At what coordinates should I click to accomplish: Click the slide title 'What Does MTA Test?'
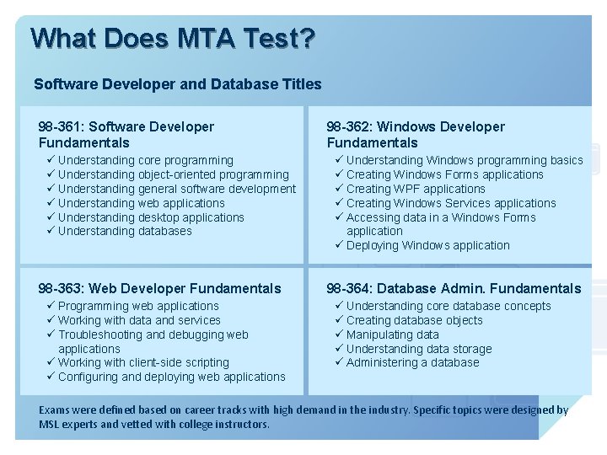[x=173, y=39]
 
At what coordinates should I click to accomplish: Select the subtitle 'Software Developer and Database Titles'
[x=178, y=84]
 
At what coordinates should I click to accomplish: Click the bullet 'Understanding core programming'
[x=145, y=160]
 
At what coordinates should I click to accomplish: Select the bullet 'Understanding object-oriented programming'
[x=173, y=174]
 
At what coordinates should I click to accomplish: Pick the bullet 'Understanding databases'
[x=125, y=231]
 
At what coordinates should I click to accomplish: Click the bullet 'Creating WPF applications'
[x=416, y=189]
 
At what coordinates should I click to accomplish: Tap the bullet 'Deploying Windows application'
[x=427, y=245]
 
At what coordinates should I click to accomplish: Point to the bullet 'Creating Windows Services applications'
[x=451, y=203]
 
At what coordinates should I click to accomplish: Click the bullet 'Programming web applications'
[x=138, y=306]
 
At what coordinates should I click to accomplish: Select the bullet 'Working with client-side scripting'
[x=143, y=362]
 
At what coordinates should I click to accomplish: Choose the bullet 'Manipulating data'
[x=392, y=335]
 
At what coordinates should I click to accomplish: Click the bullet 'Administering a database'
[x=412, y=362]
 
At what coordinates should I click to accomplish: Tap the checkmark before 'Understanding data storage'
[x=339, y=349]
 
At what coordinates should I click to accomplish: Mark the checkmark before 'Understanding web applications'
[x=51, y=203]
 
